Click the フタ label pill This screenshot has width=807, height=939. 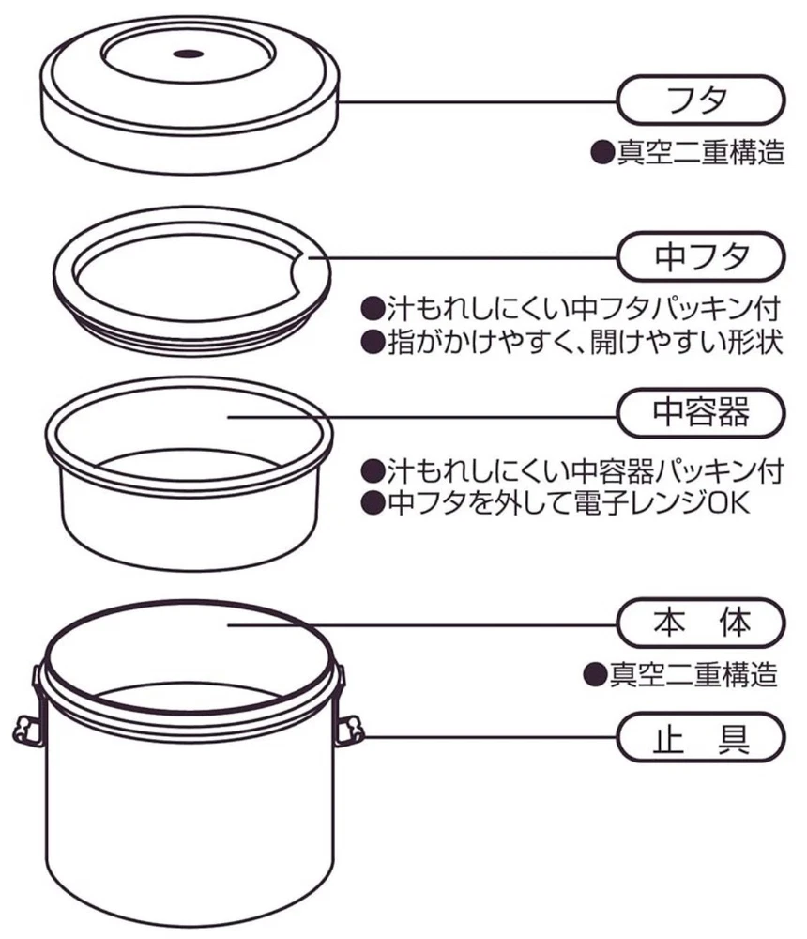point(700,100)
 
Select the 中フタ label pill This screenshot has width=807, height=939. point(700,257)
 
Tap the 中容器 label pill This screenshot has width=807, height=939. point(700,412)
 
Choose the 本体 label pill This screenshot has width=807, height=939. point(700,623)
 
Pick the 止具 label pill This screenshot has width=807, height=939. point(700,736)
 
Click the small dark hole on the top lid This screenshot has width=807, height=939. point(188,54)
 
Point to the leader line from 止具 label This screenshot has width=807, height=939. point(490,737)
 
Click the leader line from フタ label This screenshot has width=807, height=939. point(478,101)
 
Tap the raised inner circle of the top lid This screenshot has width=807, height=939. point(188,54)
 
